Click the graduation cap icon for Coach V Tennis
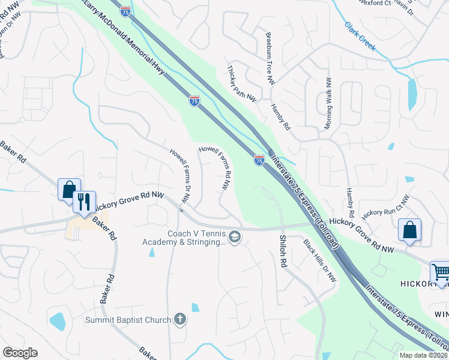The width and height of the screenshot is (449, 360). pos(235,238)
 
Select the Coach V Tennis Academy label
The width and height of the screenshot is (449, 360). pos(196,238)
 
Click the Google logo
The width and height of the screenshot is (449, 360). pos(20,353)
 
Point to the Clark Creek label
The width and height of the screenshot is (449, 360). pos(360,35)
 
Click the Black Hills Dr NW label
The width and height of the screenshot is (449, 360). pos(321,261)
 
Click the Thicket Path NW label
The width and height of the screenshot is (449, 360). pos(242,83)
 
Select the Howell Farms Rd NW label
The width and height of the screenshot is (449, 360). pos(217,167)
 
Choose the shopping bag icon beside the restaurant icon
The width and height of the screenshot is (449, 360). pos(69,189)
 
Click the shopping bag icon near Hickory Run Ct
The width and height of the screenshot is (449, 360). pos(409,230)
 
